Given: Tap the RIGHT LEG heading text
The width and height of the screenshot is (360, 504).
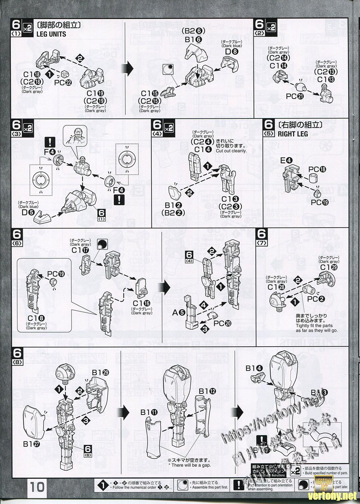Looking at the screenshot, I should click(293, 134).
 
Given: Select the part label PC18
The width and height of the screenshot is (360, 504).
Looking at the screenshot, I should click(317, 169).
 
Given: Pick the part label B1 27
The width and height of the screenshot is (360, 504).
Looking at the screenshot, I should click(32, 444).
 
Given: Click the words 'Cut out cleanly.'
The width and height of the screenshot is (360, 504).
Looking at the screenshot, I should click(231, 151).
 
